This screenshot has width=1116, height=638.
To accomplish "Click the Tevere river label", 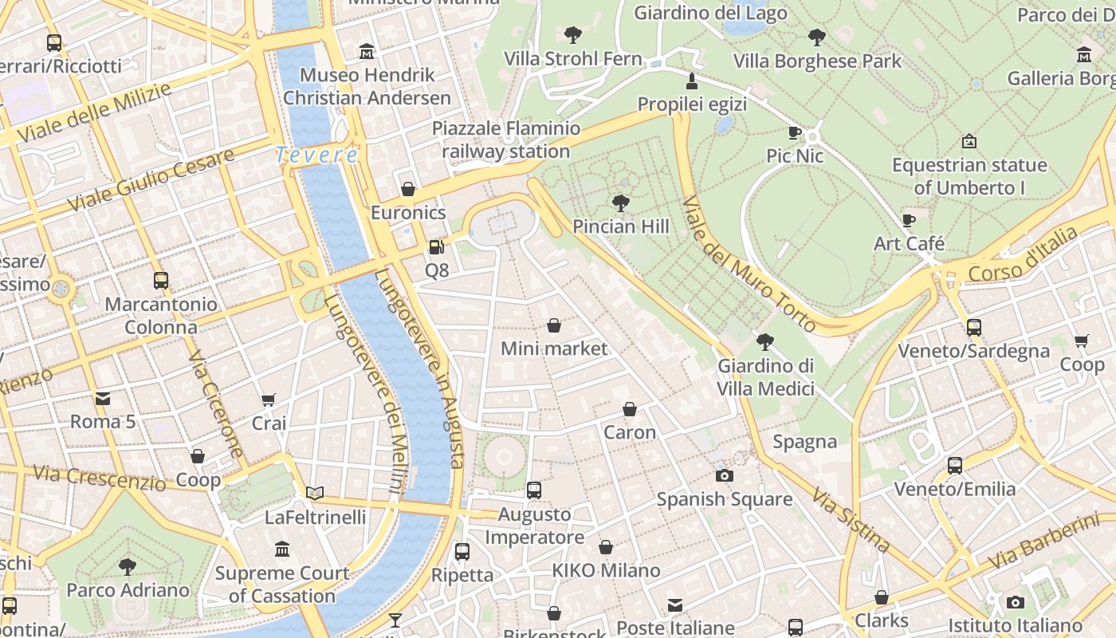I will (x=316, y=155).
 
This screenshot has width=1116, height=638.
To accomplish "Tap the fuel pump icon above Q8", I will (x=436, y=247).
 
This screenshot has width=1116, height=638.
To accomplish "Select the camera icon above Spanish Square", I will (x=724, y=475).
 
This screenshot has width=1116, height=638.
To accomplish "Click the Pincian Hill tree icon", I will (x=620, y=203).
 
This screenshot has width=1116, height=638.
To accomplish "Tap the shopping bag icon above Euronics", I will (x=408, y=189).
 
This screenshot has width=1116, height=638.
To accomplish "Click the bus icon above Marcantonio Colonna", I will (x=161, y=281).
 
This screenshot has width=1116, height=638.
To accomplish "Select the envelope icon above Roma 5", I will (x=103, y=398).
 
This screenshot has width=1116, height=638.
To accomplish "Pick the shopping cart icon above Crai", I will (x=269, y=400).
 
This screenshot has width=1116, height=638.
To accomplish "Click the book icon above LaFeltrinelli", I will (x=315, y=494).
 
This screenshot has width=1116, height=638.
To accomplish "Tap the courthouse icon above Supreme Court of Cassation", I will (x=282, y=549).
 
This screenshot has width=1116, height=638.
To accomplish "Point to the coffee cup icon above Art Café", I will (x=908, y=220).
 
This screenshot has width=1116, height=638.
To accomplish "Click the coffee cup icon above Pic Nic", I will (x=794, y=132).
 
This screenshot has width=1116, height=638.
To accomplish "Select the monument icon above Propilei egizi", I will (x=692, y=81).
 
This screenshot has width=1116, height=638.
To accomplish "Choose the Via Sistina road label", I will (x=851, y=520).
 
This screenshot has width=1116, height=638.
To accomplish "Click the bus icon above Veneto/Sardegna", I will (x=973, y=327).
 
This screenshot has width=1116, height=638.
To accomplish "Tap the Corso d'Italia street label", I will (x=1022, y=254).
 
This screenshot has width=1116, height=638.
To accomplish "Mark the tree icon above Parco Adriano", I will (x=128, y=567).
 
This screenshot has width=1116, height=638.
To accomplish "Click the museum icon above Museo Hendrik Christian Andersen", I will (x=367, y=52).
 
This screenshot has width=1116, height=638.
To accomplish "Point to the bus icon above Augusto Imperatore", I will (x=534, y=490).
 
